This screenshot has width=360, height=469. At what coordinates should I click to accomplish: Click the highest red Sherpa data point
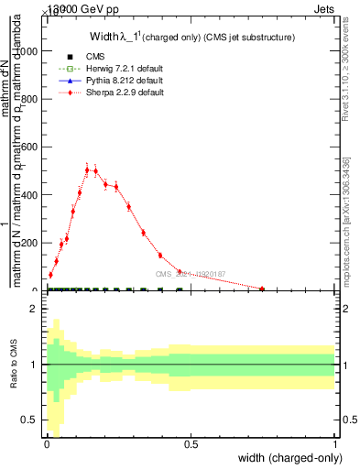(x=88, y=169)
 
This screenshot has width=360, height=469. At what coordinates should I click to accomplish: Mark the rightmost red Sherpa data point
(x=262, y=289)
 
